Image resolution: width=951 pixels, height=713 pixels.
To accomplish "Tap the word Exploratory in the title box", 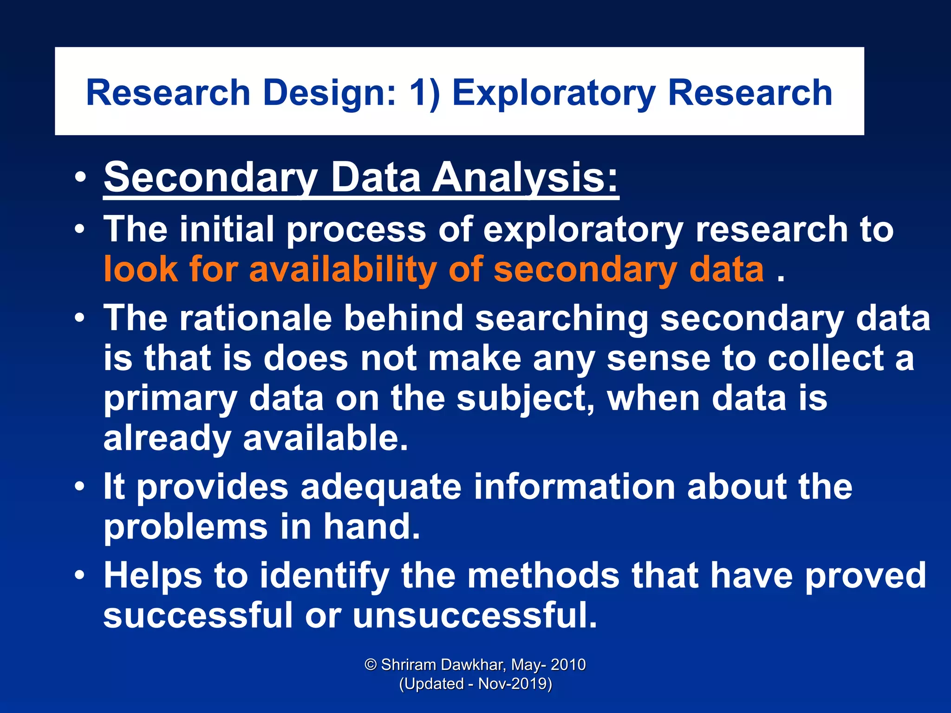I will click(554, 93).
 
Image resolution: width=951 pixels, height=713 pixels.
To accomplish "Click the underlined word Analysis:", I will click(526, 177).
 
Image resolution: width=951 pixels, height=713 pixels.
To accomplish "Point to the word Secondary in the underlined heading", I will click(211, 177).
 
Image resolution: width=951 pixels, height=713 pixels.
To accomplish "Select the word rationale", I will click(256, 318).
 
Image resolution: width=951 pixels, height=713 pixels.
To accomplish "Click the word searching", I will click(562, 318).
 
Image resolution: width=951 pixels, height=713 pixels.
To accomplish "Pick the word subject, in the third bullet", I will click(525, 398).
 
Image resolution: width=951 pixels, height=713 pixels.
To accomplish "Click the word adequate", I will click(381, 487).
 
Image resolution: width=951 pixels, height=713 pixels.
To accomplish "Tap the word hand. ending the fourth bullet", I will click(371, 527).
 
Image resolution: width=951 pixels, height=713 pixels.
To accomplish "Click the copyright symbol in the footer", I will click(371, 665).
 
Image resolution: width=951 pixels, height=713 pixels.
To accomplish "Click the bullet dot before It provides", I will click(80, 487).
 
